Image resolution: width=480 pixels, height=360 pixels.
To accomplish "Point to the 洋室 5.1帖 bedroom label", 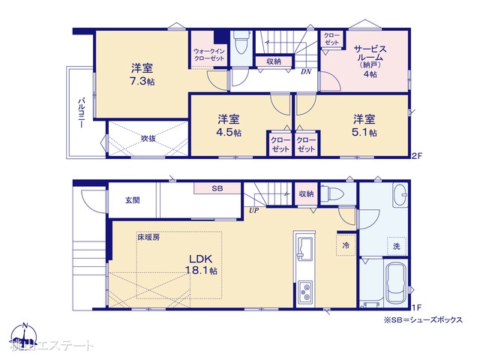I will point(365,124).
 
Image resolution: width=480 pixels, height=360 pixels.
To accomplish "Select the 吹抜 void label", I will point(148,139).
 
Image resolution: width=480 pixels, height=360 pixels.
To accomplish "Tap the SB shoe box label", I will point(217,188).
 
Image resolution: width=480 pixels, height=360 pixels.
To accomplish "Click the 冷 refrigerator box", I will point(346,245).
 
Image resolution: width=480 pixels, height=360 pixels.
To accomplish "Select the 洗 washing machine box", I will point(394,246).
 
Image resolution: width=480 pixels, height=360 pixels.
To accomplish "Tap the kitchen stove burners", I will point(306,291).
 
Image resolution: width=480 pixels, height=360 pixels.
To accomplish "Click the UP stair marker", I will point(253,211).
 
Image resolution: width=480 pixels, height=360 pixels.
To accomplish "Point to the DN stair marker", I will point(306,72).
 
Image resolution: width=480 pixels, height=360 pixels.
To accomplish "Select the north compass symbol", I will point(24,335).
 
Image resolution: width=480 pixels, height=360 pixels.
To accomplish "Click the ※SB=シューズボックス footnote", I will point(422,319).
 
